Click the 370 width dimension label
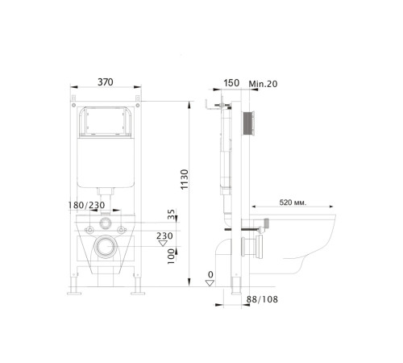[104, 81]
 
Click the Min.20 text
[264, 81]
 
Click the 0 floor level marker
[209, 275]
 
